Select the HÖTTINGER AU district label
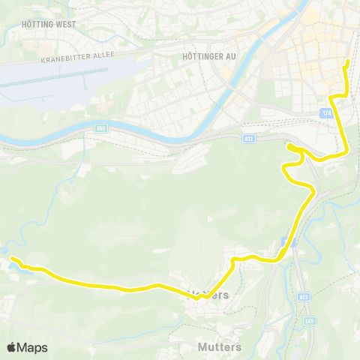210,55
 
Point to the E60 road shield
101,128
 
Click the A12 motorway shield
249,138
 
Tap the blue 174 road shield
325,112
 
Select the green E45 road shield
309,321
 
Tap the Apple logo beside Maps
12,347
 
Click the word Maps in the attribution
33,347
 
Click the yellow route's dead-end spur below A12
289,145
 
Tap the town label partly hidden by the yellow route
206,295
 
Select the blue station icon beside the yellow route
283,241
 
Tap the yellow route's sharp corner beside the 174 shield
334,97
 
